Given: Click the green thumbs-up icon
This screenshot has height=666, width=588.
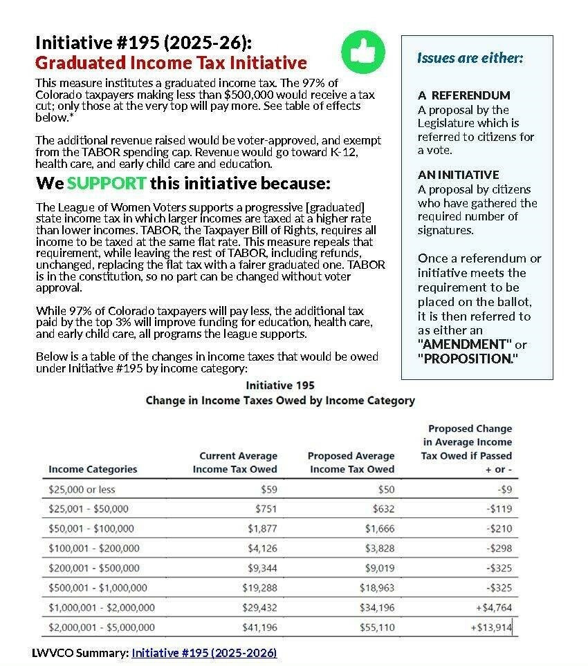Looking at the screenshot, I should (x=362, y=50).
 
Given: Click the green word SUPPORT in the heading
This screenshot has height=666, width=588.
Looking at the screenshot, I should (x=107, y=184).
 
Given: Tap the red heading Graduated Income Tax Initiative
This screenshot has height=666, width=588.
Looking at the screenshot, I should (x=171, y=63).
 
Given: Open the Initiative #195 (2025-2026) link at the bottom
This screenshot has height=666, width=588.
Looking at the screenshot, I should (x=204, y=653).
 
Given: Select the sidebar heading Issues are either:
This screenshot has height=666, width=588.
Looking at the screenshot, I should (x=470, y=57).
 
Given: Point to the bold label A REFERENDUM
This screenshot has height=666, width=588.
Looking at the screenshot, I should (x=464, y=95).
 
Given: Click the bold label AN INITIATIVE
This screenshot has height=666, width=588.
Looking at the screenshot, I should (x=458, y=175).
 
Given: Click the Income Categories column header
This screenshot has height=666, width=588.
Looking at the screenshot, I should (x=93, y=469).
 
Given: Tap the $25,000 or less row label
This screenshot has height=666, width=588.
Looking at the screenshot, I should (x=82, y=490).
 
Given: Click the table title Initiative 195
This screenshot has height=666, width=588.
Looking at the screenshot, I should (x=279, y=385).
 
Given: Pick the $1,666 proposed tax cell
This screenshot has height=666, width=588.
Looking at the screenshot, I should (x=380, y=529).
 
